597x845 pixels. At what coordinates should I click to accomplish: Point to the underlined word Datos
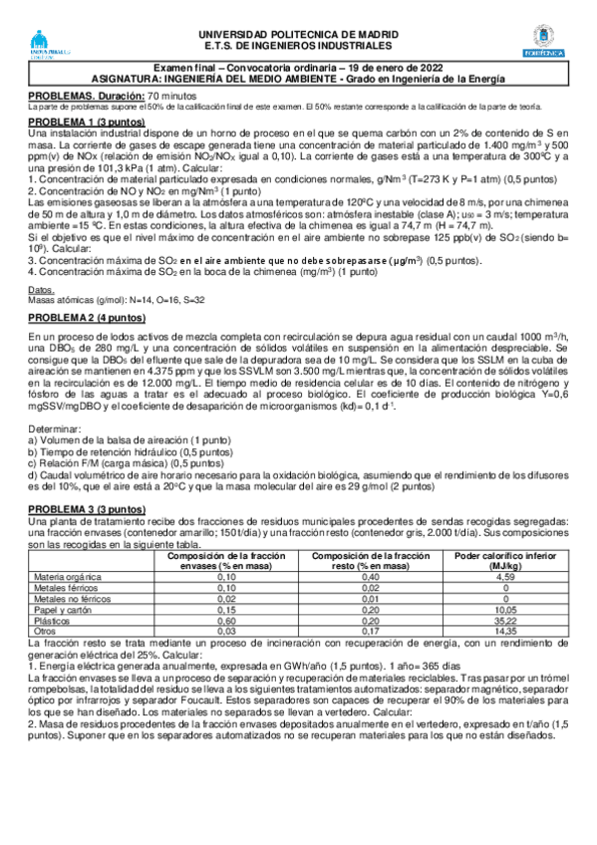[41, 290]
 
